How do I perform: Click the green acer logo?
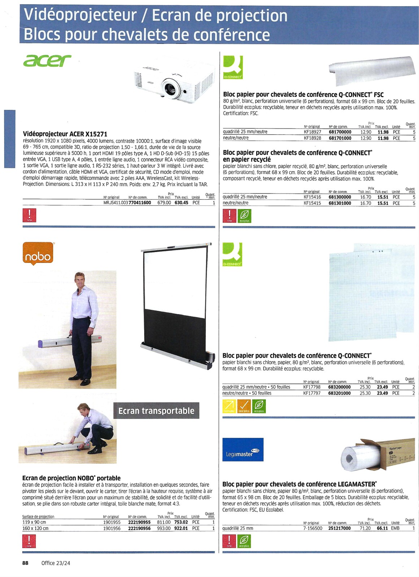47,61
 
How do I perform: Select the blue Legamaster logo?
243,449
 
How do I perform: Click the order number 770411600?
140,203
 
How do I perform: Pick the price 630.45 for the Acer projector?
181,203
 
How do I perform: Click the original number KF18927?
312,132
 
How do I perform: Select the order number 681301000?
340,203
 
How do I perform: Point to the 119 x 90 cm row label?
34,522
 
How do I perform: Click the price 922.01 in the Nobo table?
181,528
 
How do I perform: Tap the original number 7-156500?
312,528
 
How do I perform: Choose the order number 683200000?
339,387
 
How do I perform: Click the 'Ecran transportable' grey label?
156,411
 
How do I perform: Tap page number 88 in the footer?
25,563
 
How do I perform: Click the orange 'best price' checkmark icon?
244,406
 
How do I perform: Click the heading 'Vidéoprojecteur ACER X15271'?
65,134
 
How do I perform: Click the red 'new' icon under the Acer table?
29,215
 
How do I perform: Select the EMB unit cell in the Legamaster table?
395,528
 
